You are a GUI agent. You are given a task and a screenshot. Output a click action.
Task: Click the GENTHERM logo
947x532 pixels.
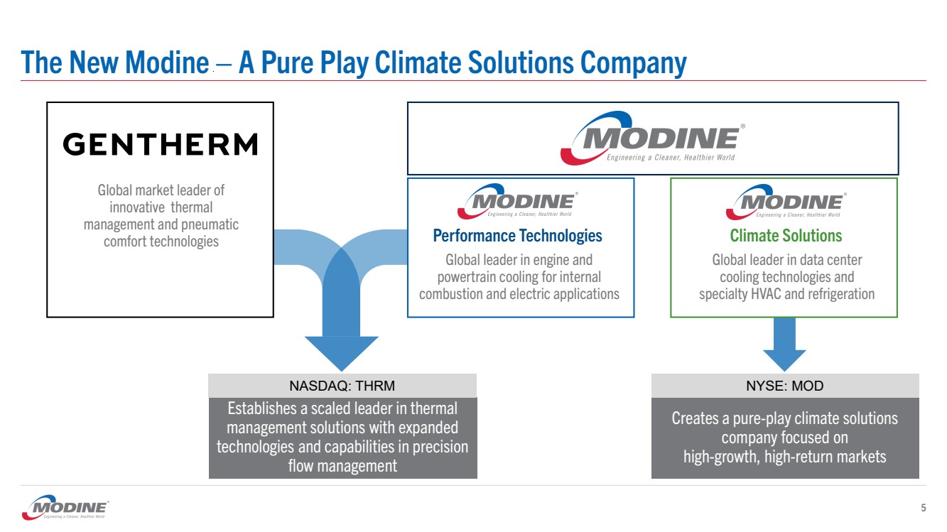pyautogui.click(x=160, y=144)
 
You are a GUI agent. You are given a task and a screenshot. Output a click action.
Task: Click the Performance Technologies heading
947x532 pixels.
pyautogui.click(x=517, y=235)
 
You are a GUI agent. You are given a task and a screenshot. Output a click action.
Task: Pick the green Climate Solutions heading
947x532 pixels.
pyautogui.click(x=786, y=235)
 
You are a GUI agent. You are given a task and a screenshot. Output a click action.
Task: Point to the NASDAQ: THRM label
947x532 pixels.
pyautogui.click(x=342, y=386)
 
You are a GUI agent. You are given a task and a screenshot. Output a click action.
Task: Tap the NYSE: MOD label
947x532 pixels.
pyautogui.click(x=784, y=386)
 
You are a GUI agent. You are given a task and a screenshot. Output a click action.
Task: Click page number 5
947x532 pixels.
pyautogui.click(x=923, y=508)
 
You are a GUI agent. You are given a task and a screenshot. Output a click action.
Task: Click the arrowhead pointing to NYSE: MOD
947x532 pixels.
pyautogui.click(x=784, y=359)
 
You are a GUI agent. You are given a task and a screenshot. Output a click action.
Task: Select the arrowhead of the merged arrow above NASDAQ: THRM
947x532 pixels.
pyautogui.click(x=342, y=353)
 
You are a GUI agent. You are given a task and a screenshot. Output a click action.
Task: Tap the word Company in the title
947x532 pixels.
pyautogui.click(x=634, y=63)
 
